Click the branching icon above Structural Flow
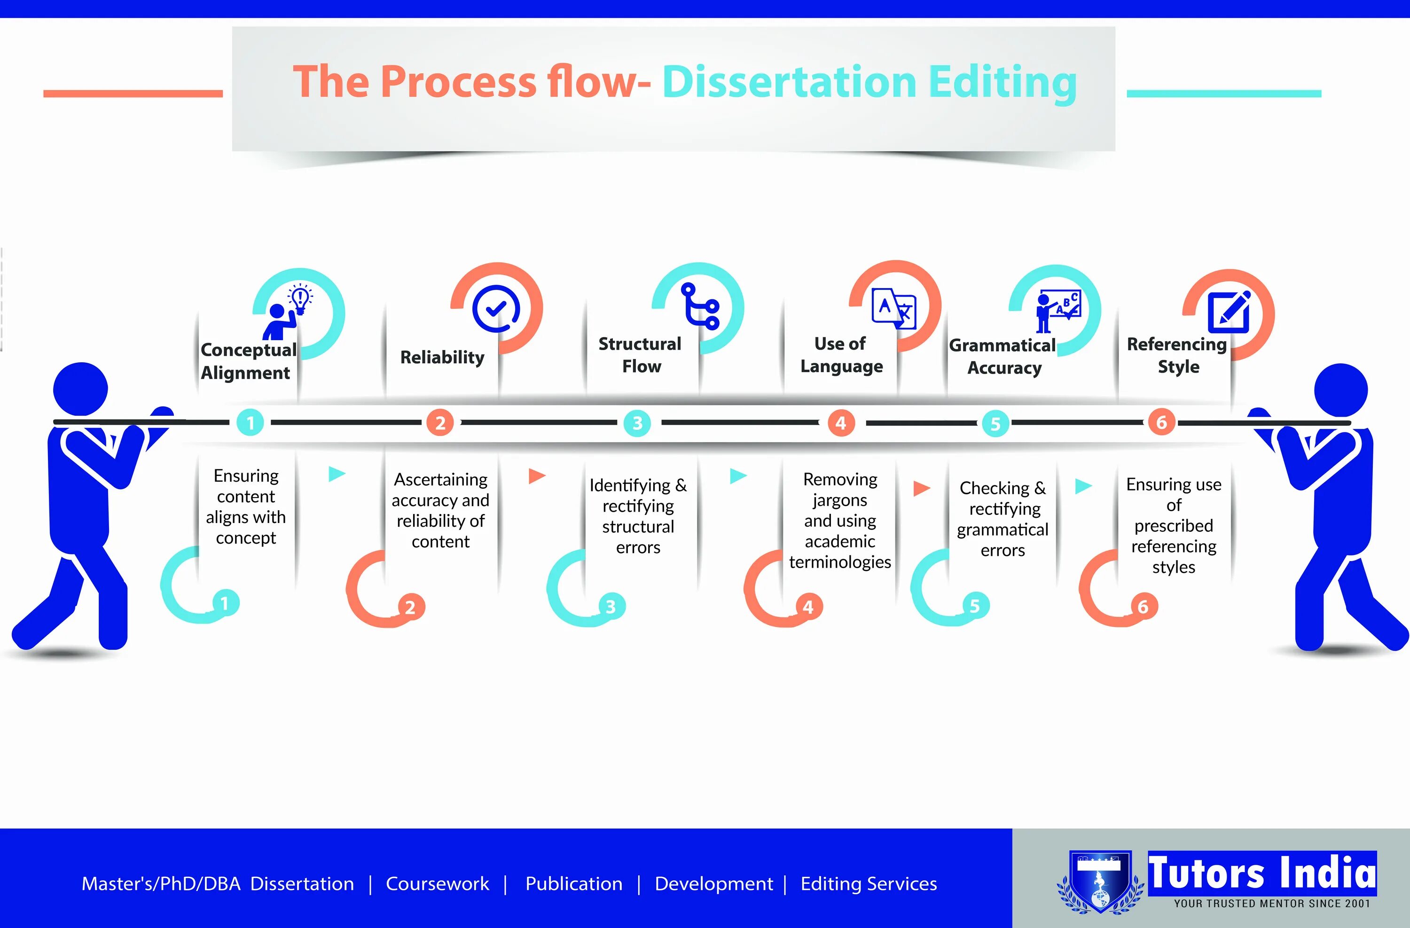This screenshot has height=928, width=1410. pos(700,305)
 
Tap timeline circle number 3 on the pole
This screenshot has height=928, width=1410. pos(637,423)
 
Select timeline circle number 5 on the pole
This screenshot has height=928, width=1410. pos(995,423)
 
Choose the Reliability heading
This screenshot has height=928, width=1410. pos(442,357)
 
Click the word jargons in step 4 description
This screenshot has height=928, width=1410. pos(839,500)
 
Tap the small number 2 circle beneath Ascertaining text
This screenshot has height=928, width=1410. pos(410,607)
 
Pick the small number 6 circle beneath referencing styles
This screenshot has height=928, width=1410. pos(1143,607)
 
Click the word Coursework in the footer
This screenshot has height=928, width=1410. pos(437,883)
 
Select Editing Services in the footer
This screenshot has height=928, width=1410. pos(869,883)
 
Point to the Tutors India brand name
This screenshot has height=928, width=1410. pos(1262,873)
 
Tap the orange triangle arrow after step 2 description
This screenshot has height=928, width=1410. pos(537,476)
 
